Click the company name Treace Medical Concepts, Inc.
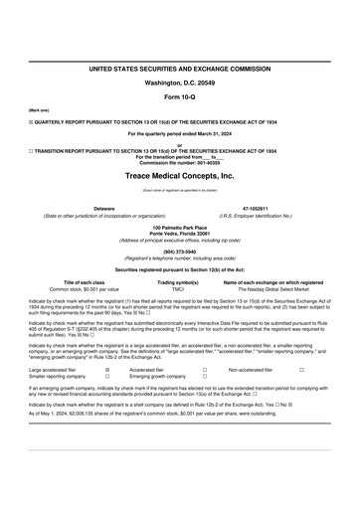180,175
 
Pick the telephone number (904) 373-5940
180,252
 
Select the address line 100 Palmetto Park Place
180,228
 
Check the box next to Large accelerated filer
107,368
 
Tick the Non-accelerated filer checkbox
302,368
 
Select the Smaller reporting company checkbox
107,376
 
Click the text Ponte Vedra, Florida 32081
180,234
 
